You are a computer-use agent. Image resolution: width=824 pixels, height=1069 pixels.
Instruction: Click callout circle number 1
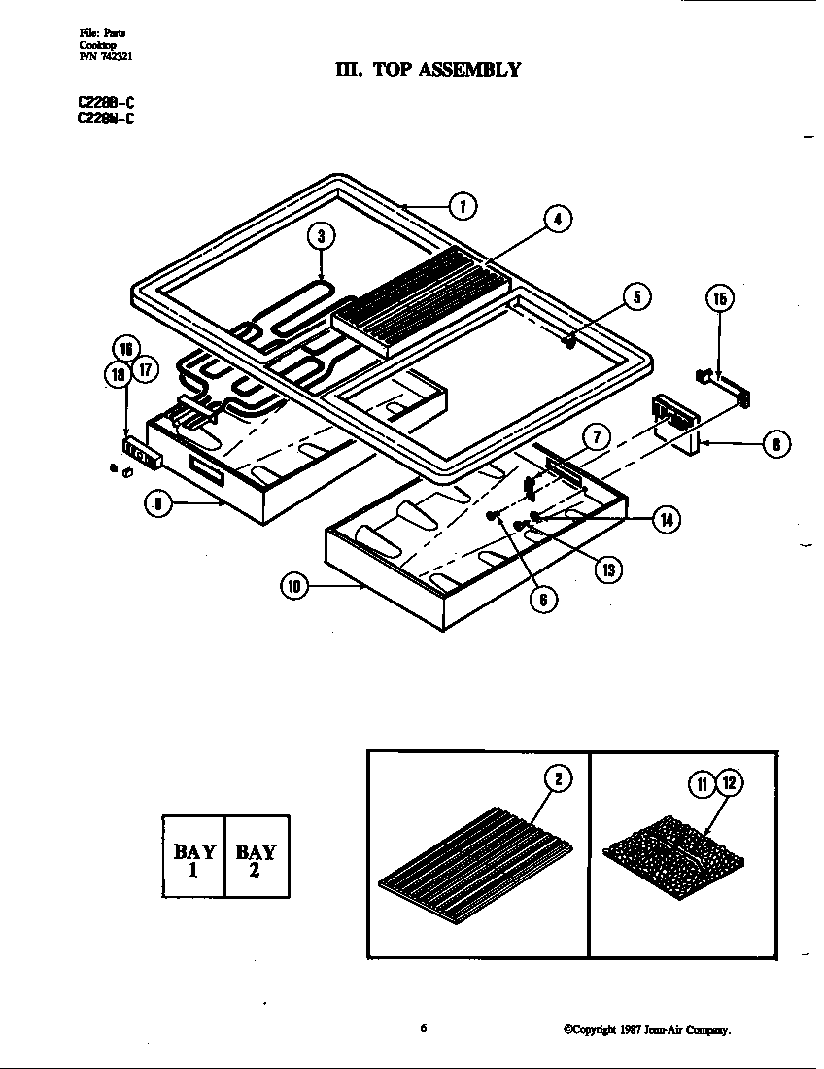point(463,206)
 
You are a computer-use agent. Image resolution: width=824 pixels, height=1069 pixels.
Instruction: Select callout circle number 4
point(557,220)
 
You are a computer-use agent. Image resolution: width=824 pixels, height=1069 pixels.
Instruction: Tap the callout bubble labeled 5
point(636,297)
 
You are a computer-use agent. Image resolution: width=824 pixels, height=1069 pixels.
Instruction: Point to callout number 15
point(719,299)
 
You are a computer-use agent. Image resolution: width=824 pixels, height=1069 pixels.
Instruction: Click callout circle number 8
point(775,446)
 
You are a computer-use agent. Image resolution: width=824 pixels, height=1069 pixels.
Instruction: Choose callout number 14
point(665,520)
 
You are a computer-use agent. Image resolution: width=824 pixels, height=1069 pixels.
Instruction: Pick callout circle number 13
point(608,569)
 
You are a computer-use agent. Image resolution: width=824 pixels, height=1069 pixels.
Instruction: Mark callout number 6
point(543,600)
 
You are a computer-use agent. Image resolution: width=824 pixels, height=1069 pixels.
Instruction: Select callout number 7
point(598,438)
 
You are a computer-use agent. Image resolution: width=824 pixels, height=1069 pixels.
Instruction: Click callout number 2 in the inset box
point(558,778)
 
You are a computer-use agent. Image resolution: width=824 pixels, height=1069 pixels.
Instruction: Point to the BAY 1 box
point(193,858)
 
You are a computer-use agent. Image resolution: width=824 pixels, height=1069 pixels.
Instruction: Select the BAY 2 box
point(256,858)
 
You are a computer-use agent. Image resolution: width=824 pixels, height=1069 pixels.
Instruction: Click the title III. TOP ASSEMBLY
point(427,69)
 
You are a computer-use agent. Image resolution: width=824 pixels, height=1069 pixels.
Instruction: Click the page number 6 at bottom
point(424,1028)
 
